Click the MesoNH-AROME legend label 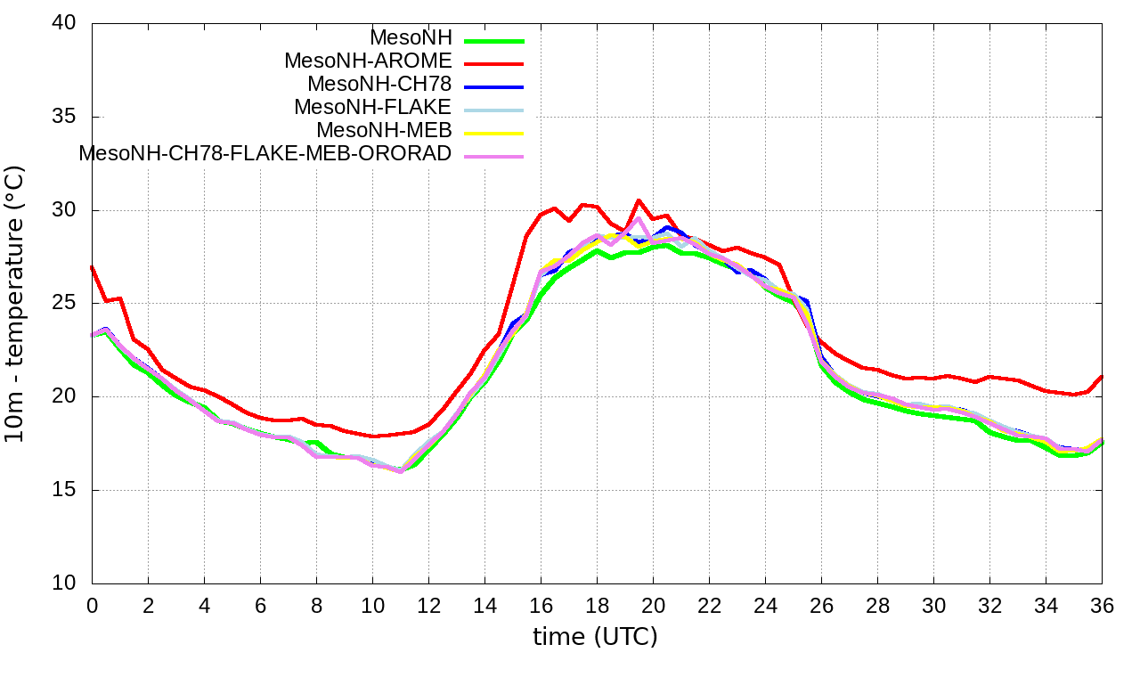click(x=368, y=61)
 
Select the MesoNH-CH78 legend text click(x=379, y=85)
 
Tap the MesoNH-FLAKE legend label click(x=373, y=107)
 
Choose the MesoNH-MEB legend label click(x=385, y=130)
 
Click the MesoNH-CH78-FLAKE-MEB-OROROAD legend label click(x=265, y=153)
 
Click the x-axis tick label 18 click(x=597, y=606)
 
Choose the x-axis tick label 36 click(x=1102, y=606)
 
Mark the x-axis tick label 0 click(x=92, y=606)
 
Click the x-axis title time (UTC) click(x=595, y=638)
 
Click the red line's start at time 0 click(x=93, y=266)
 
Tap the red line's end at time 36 click(x=1102, y=377)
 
